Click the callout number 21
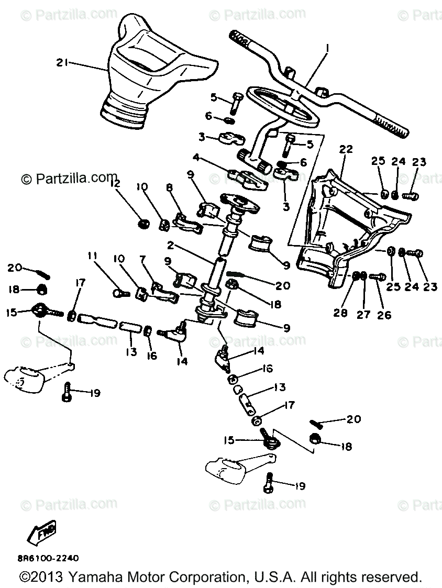pyautogui.click(x=63, y=63)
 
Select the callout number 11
pyautogui.click(x=93, y=257)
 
